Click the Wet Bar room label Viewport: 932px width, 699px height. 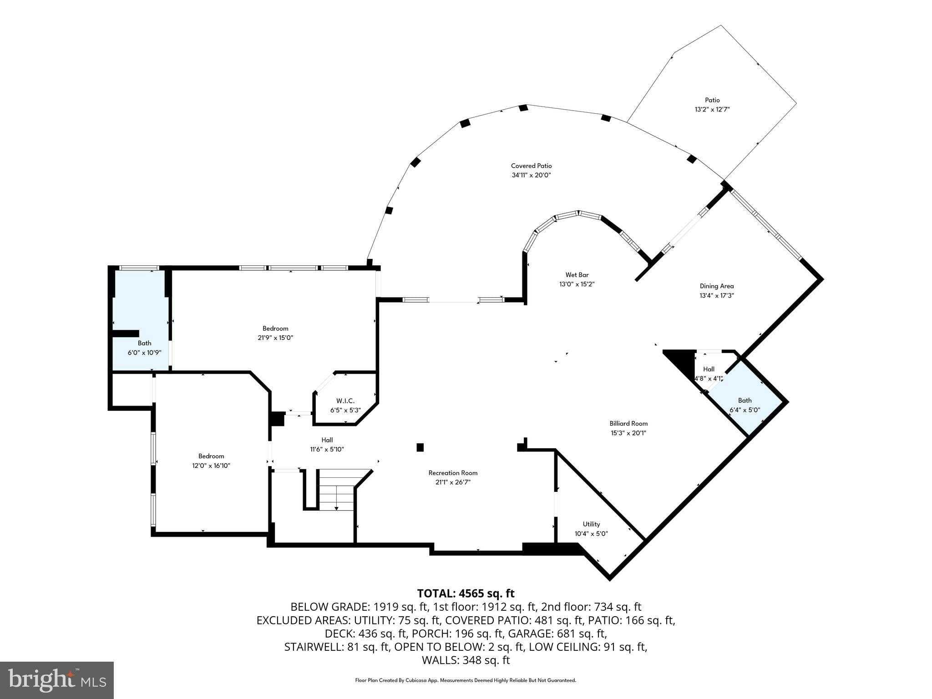point(577,275)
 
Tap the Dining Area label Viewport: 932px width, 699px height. point(717,286)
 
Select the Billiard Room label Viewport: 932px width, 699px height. point(628,424)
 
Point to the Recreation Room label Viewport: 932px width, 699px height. point(453,473)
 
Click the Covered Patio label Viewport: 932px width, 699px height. point(531,166)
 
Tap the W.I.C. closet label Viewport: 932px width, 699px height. point(345,401)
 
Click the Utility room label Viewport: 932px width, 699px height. point(591,524)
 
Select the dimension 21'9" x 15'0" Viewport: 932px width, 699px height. point(275,338)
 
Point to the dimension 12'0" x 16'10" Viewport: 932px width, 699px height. point(211,466)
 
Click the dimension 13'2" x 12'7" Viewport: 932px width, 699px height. point(712,109)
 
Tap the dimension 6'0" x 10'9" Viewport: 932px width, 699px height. point(145,352)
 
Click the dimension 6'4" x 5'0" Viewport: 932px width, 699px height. point(745,410)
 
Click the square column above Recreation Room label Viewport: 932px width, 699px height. point(420,447)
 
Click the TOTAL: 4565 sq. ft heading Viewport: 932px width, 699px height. point(466,593)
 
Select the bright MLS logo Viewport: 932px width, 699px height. point(57,680)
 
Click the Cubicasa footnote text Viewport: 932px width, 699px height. point(466,680)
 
